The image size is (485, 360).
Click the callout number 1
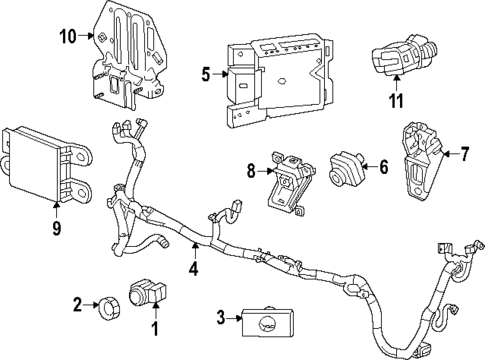point(155,328)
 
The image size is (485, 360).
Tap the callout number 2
point(78,304)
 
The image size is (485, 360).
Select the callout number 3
point(219,320)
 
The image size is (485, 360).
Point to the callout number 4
point(194,267)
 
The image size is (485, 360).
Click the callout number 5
point(205,73)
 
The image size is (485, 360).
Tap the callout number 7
point(463,154)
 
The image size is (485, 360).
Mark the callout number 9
point(56,228)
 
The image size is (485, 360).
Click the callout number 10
point(67,38)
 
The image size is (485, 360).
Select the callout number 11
point(397,100)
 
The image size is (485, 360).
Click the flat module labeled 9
point(40,164)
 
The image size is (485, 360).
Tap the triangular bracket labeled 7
point(421,160)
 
